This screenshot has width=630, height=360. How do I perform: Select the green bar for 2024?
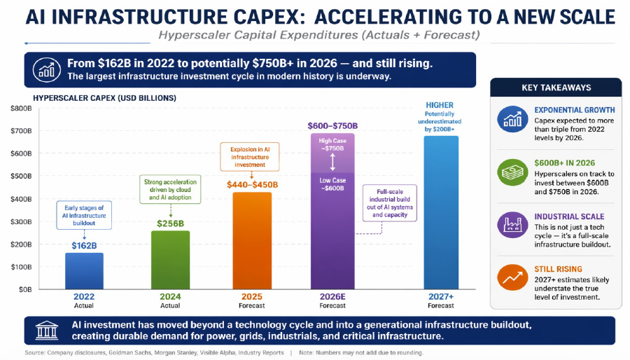(x=170, y=260)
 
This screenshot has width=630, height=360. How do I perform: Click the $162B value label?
(x=84, y=245)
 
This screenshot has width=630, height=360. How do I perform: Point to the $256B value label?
(x=170, y=223)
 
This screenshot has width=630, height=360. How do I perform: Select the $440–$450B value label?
(x=252, y=184)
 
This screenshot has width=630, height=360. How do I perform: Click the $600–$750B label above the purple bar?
(x=332, y=126)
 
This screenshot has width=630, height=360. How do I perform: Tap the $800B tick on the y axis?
(x=21, y=109)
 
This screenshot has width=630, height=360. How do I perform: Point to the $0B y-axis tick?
(x=24, y=289)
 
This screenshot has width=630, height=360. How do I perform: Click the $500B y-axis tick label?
(x=21, y=176)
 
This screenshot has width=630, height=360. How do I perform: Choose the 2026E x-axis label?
(x=332, y=297)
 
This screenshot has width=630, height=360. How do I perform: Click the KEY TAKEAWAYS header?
(x=556, y=88)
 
